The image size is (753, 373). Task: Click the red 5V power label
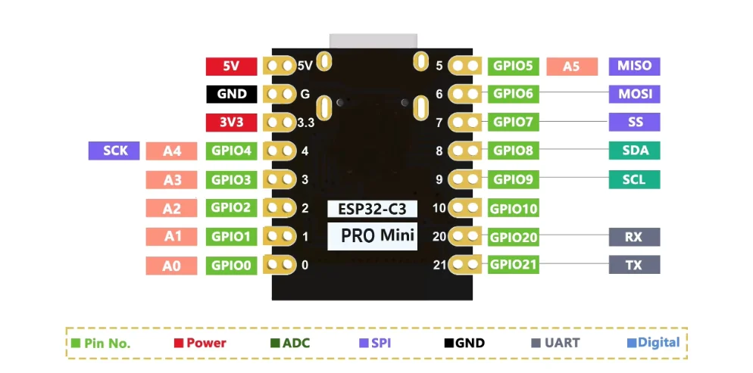point(231,66)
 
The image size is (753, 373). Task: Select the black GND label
point(231,94)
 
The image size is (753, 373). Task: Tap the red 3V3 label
point(231,123)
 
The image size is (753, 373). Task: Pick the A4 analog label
point(172,151)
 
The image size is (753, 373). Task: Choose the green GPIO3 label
point(231,180)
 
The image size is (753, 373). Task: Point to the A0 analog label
point(172,266)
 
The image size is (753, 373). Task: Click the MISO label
point(634,65)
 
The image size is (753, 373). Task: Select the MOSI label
point(634,94)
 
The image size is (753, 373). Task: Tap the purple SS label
point(634,122)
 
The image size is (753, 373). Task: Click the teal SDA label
point(634,151)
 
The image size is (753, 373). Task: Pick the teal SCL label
point(634,179)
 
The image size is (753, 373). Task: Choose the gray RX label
point(634,237)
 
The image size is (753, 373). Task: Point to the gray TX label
point(634,265)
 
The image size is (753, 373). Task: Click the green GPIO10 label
point(514,208)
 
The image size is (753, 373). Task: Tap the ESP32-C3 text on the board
point(372,208)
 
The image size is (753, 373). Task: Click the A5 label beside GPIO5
point(571,67)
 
